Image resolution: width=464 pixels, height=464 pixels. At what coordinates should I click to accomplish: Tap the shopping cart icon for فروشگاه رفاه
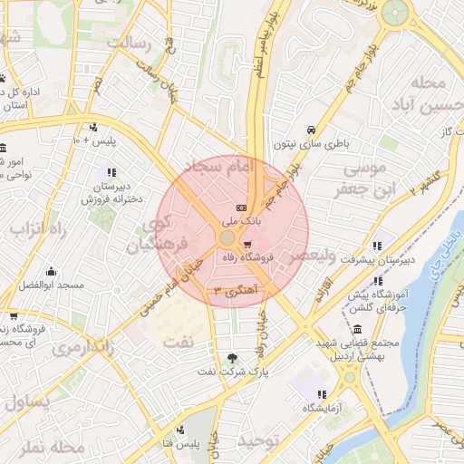[247, 245]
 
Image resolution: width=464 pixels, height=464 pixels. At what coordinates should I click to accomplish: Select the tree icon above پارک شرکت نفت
[235, 358]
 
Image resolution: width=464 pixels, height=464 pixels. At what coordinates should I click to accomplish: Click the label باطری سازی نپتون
[311, 144]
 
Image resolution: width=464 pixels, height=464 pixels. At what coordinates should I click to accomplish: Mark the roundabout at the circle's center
[227, 237]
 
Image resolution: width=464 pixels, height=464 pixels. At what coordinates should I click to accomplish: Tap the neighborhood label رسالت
[132, 43]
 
